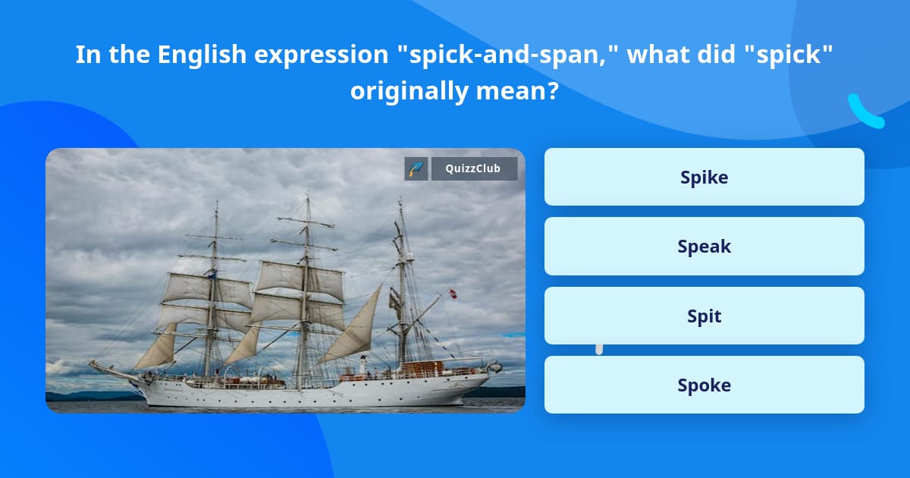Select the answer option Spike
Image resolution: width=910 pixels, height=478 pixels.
704,177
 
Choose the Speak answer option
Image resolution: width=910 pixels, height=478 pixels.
704,246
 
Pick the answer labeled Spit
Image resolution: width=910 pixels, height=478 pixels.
704,316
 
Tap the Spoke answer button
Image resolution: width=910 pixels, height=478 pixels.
704,385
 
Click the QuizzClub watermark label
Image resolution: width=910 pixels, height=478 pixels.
474,168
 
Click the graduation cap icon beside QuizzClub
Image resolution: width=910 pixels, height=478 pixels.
416,168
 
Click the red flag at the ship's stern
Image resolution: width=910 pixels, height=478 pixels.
453,294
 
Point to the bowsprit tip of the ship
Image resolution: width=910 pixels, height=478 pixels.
91,363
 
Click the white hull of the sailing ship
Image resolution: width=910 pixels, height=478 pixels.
303,393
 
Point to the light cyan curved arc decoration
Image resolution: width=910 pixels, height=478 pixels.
864,112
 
